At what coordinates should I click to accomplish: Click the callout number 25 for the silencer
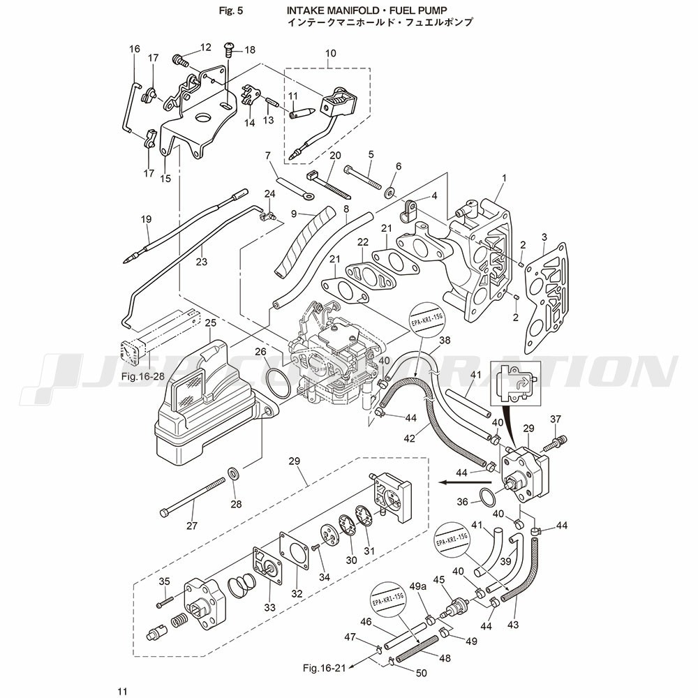[210, 322]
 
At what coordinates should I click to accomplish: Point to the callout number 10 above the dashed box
[330, 53]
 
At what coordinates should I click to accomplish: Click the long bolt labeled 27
[192, 497]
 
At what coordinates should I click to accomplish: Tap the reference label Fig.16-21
[325, 668]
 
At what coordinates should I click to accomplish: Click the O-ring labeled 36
[487, 496]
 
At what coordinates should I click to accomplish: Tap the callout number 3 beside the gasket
[544, 239]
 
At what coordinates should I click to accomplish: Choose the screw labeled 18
[228, 49]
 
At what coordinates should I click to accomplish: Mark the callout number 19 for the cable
[146, 219]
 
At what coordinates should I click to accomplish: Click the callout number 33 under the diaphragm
[269, 607]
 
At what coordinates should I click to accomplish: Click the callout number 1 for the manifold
[503, 179]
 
